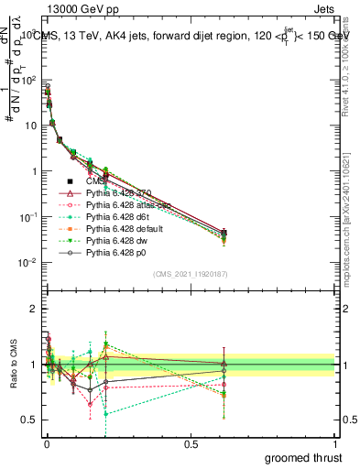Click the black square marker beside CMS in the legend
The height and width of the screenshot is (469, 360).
[71, 181]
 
